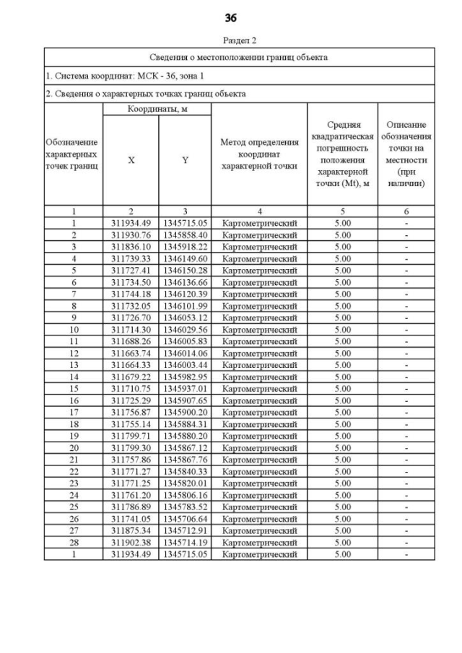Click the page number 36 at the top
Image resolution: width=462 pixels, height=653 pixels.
231,17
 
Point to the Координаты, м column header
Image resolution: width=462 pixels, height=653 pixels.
157,109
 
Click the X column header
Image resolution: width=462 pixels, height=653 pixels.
131,161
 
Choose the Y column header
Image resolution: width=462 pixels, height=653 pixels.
185,161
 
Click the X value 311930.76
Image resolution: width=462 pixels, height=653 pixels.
131,235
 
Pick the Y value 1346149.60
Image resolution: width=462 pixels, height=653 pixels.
185,258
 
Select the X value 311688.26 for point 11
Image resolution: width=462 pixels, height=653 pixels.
131,341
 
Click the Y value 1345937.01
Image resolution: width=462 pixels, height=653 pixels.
185,388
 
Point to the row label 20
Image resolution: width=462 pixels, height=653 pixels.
73,447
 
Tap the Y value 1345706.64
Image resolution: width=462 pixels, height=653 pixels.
185,519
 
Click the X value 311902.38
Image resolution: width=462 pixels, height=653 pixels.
131,543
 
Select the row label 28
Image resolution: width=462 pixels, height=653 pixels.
73,543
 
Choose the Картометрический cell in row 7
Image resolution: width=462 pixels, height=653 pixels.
259,294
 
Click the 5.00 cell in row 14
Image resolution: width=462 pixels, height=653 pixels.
343,377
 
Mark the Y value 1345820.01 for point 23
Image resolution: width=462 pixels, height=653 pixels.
185,483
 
